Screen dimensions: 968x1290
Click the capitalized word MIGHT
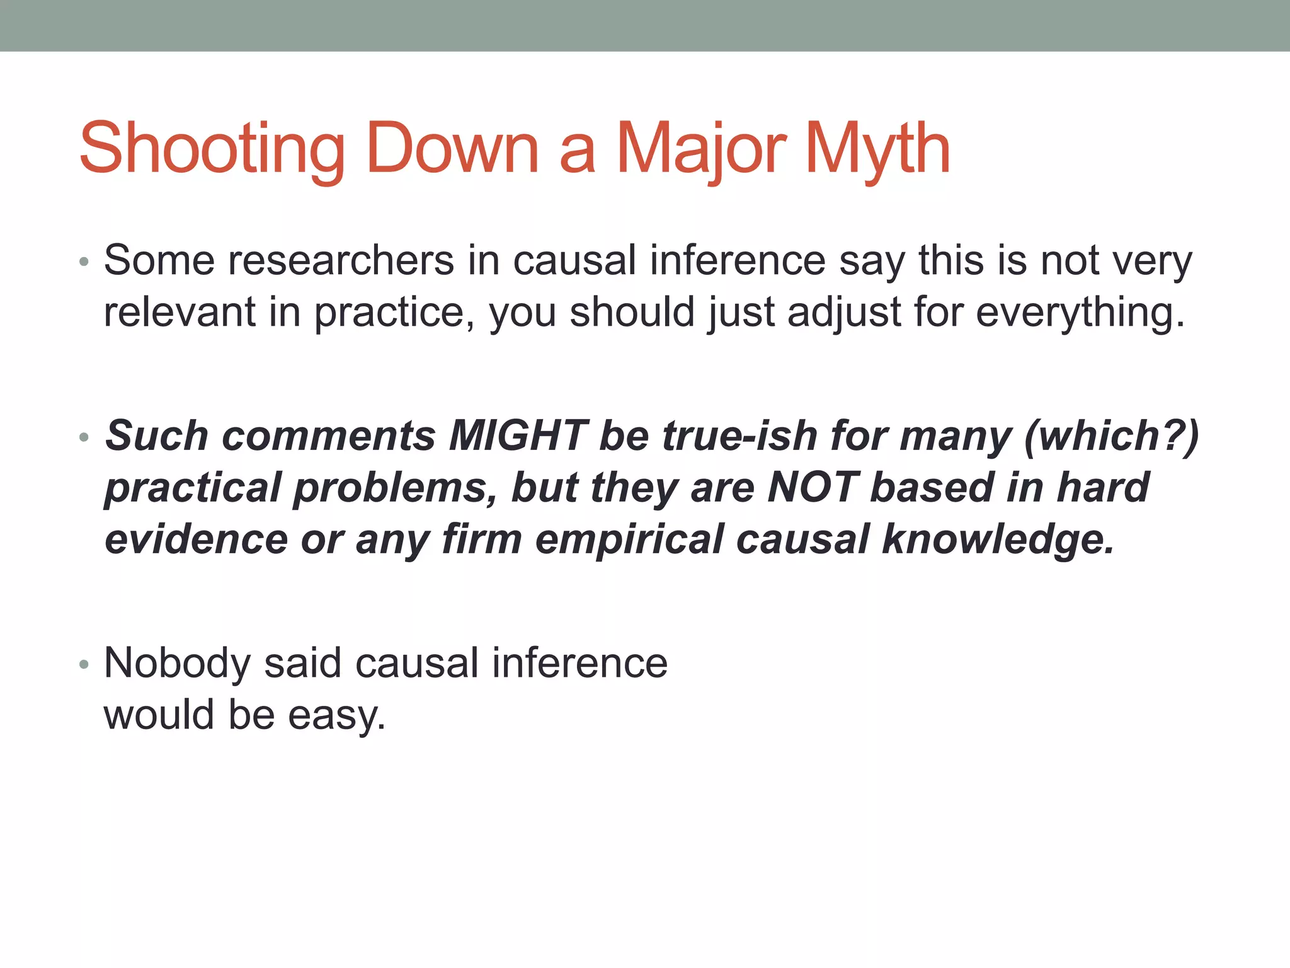pyautogui.click(x=518, y=435)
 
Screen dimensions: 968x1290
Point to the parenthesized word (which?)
pyautogui.click(x=1112, y=435)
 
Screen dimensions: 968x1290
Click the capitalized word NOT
pyautogui.click(x=813, y=487)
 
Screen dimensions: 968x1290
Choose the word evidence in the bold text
pyautogui.click(x=196, y=539)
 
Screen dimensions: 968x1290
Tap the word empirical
pyautogui.click(x=629, y=539)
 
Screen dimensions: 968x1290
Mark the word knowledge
pyautogui.click(x=998, y=539)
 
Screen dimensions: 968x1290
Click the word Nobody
pyautogui.click(x=177, y=663)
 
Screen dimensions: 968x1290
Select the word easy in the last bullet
pyautogui.click(x=336, y=715)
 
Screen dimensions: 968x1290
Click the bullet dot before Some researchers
pyautogui.click(x=84, y=262)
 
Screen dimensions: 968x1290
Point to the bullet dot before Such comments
pyautogui.click(x=84, y=437)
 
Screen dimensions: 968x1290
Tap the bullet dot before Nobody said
pyautogui.click(x=84, y=665)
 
